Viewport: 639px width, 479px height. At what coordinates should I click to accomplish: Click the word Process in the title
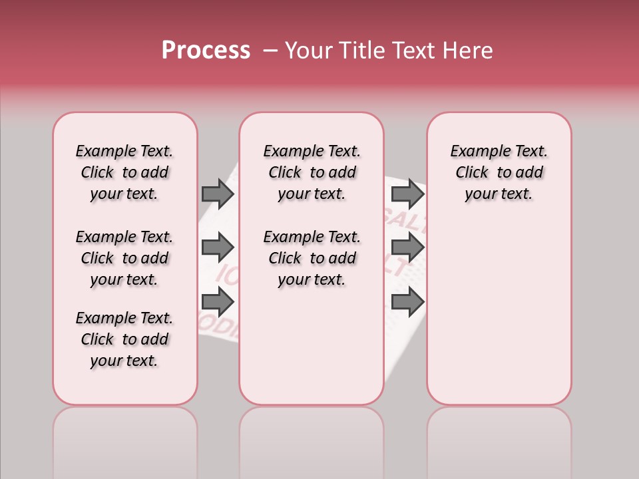pyautogui.click(x=206, y=51)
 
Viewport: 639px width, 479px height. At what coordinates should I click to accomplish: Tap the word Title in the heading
pyautogui.click(x=363, y=51)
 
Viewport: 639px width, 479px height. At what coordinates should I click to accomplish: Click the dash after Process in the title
pyautogui.click(x=270, y=51)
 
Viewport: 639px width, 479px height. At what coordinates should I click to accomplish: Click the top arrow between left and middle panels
pyautogui.click(x=218, y=194)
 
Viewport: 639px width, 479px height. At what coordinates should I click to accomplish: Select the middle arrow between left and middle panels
pyautogui.click(x=218, y=247)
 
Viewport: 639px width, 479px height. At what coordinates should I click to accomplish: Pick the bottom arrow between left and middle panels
pyautogui.click(x=218, y=302)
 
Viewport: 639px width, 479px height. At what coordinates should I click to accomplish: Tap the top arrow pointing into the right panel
pyautogui.click(x=407, y=194)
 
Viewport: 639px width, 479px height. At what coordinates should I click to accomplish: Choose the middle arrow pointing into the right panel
pyautogui.click(x=407, y=247)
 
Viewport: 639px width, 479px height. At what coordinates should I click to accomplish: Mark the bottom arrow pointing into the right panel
pyautogui.click(x=407, y=302)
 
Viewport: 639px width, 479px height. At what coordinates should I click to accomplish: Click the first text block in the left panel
pyautogui.click(x=124, y=172)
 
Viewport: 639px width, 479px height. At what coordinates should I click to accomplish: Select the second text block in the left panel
pyautogui.click(x=124, y=258)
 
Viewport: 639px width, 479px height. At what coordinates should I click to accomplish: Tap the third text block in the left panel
pyautogui.click(x=124, y=339)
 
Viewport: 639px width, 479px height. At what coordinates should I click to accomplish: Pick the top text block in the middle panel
pyautogui.click(x=312, y=172)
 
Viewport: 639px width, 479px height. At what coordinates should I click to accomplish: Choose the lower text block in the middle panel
pyautogui.click(x=312, y=258)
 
